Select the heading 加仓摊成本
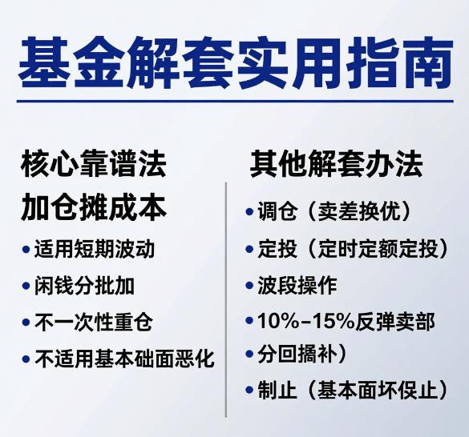(x=94, y=207)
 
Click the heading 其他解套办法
(x=336, y=165)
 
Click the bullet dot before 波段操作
(x=250, y=286)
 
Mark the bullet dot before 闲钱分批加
(x=26, y=287)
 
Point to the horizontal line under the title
(x=234, y=102)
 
